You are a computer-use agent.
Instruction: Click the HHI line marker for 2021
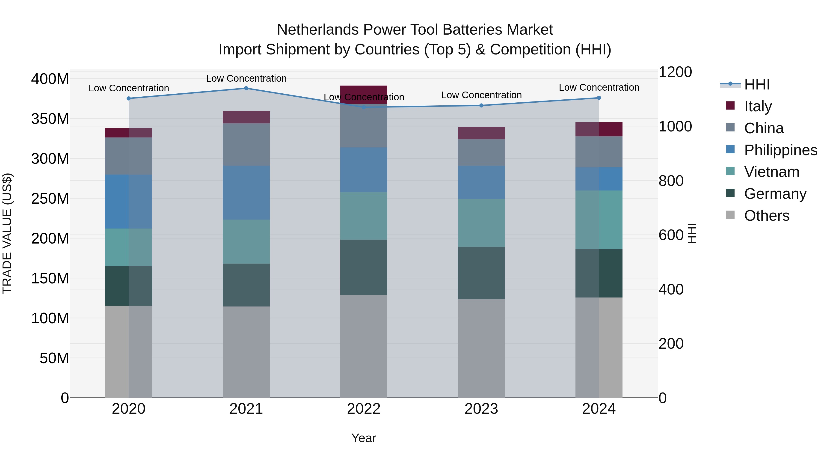point(246,88)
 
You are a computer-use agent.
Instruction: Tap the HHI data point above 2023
point(481,105)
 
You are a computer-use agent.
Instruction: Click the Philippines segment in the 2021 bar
point(246,193)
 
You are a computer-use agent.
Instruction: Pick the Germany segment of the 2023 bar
point(481,273)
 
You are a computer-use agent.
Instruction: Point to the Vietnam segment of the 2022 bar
point(364,216)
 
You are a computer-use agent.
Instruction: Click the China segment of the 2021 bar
point(246,145)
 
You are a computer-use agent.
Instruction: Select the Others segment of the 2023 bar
point(481,348)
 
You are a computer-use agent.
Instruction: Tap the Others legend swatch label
point(767,216)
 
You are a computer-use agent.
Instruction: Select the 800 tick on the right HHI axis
point(671,181)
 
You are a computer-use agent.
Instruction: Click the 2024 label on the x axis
point(599,409)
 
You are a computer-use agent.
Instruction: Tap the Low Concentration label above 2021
point(246,78)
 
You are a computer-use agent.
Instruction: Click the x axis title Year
point(364,438)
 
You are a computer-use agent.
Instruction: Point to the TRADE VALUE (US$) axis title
point(7,233)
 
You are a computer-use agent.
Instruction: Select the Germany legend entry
point(775,194)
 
